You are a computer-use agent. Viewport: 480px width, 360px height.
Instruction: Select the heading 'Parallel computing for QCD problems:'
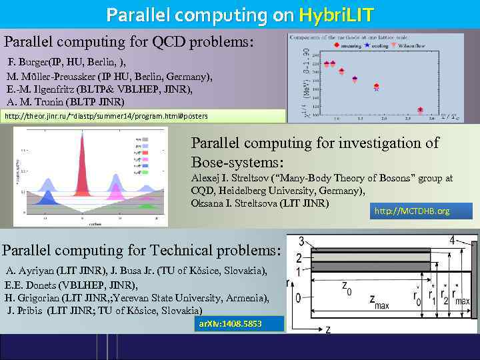click(x=129, y=41)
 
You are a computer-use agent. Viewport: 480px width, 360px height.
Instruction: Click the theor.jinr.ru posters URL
click(x=107, y=116)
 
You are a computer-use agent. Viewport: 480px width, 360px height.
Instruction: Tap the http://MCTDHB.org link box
click(x=420, y=211)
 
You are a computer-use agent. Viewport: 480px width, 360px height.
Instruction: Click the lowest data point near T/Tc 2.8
click(x=420, y=110)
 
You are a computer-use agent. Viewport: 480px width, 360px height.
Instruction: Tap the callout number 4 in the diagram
click(x=453, y=240)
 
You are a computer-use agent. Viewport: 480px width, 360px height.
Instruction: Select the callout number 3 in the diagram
click(x=302, y=241)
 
